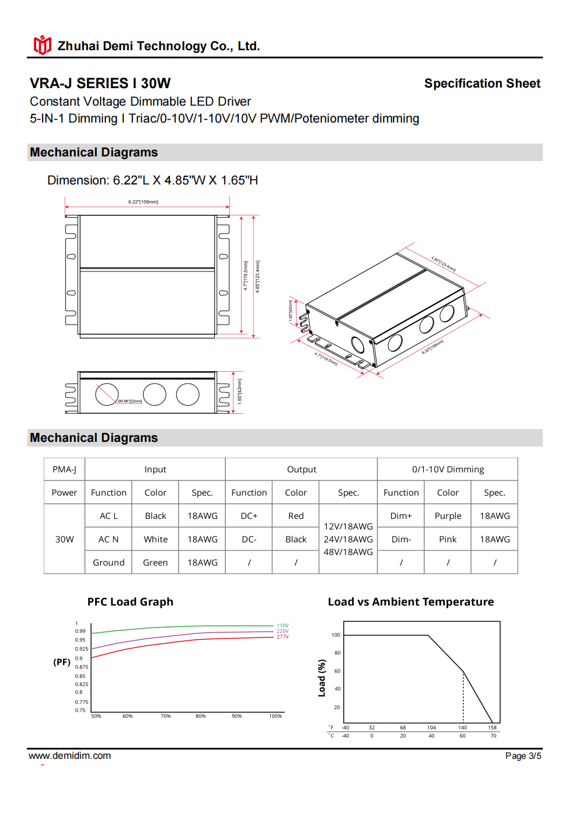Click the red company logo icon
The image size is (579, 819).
[x=42, y=45]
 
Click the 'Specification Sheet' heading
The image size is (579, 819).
[x=482, y=83]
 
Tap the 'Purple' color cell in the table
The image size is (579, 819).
[x=448, y=516]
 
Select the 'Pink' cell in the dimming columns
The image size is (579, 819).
[x=448, y=539]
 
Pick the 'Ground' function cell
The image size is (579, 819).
[x=109, y=563]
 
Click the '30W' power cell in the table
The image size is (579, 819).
[x=64, y=539]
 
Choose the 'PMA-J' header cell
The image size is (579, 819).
[x=64, y=469]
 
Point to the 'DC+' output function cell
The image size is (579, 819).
[x=249, y=516]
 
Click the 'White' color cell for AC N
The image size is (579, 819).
[x=155, y=539]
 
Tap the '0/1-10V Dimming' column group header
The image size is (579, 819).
[x=448, y=469]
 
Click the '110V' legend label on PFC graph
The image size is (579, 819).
[x=282, y=626]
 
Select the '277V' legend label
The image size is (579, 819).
[x=282, y=637]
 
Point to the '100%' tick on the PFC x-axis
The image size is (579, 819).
[x=275, y=716]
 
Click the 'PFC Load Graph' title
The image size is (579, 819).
[x=130, y=602]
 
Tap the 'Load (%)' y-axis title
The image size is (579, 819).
[x=322, y=678]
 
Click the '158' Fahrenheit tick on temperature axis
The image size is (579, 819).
[x=493, y=728]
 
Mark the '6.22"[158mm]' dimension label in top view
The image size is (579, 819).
[x=143, y=202]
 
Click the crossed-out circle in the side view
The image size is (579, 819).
[x=107, y=395]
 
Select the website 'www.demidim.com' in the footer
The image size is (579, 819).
[x=69, y=756]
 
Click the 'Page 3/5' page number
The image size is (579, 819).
[x=523, y=756]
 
